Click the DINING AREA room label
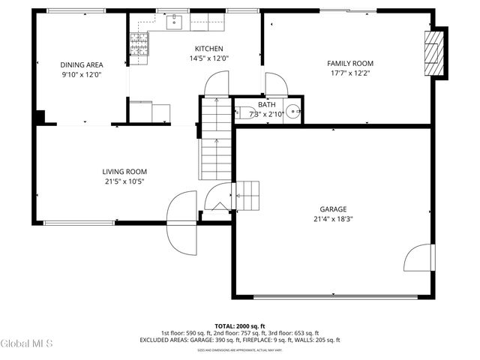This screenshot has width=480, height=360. (x=82, y=65)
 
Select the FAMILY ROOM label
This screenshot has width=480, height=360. (x=349, y=64)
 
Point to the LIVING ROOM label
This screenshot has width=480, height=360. (x=124, y=172)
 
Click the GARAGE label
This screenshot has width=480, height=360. (x=333, y=209)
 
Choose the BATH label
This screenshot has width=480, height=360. (x=266, y=105)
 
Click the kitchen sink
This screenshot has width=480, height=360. (x=175, y=23)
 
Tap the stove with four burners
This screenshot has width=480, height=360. (x=140, y=44)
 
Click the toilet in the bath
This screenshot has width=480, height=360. (x=244, y=114)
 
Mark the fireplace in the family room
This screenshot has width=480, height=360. (x=433, y=53)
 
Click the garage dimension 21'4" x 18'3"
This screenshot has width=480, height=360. (x=333, y=219)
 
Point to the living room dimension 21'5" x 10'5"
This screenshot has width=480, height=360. (x=124, y=181)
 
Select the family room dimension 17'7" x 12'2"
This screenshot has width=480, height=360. (x=349, y=73)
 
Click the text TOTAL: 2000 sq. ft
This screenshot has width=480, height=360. (x=239, y=326)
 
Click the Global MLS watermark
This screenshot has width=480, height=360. (x=27, y=343)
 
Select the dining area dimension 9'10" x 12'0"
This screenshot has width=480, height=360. (x=82, y=75)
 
